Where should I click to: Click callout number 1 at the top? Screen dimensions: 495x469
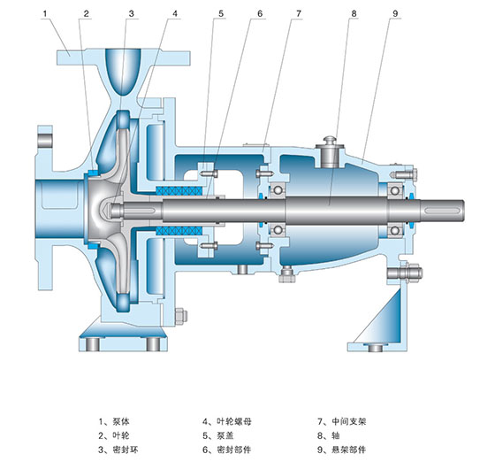click(x=45, y=13)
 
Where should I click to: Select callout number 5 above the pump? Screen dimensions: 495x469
click(x=221, y=13)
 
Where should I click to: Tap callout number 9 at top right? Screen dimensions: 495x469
click(x=395, y=13)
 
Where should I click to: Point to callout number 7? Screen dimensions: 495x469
click(x=299, y=13)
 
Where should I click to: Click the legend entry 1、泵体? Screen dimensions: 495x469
click(x=114, y=421)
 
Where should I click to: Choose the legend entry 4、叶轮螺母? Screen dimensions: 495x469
click(x=227, y=421)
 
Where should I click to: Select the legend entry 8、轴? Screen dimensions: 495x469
click(x=328, y=435)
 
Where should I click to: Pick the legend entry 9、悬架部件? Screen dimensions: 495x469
click(x=341, y=450)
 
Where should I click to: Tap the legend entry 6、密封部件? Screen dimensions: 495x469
click(x=227, y=450)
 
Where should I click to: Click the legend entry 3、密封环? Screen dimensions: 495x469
click(x=118, y=450)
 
